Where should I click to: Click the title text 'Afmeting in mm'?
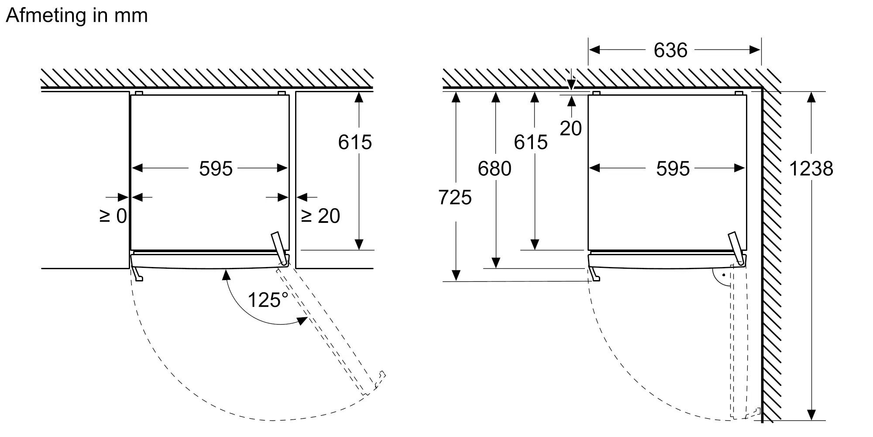pyautogui.click(x=77, y=16)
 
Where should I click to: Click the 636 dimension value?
pyautogui.click(x=670, y=50)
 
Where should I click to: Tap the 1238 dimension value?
pyautogui.click(x=811, y=169)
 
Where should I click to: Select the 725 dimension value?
pyautogui.click(x=455, y=198)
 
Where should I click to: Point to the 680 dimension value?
pyautogui.click(x=494, y=169)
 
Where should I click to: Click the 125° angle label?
pyautogui.click(x=268, y=300)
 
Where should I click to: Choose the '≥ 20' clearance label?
pyautogui.click(x=321, y=216)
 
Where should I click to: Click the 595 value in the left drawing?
pyautogui.click(x=216, y=169)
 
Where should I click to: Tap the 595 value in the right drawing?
pyautogui.click(x=673, y=169)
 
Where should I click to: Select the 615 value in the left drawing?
pyautogui.click(x=355, y=142)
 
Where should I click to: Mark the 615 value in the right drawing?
pyautogui.click(x=530, y=142)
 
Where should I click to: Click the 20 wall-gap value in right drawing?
pyautogui.click(x=571, y=128)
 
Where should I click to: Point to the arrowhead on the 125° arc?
pyautogui.click(x=302, y=320)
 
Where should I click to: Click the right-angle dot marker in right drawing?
pyautogui.click(x=723, y=275)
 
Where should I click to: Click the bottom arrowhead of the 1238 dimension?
pyautogui.click(x=811, y=415)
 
